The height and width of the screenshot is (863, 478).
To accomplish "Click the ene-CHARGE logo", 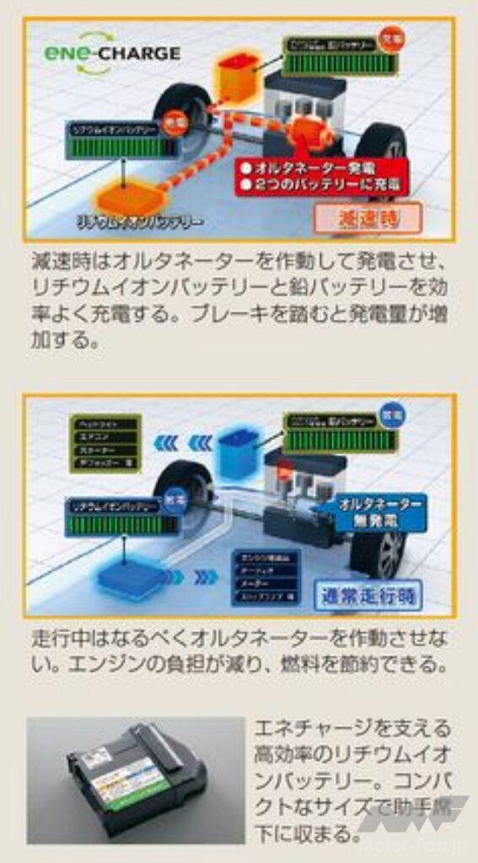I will (x=112, y=52).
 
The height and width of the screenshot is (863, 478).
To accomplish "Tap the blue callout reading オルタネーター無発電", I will (x=382, y=512).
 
